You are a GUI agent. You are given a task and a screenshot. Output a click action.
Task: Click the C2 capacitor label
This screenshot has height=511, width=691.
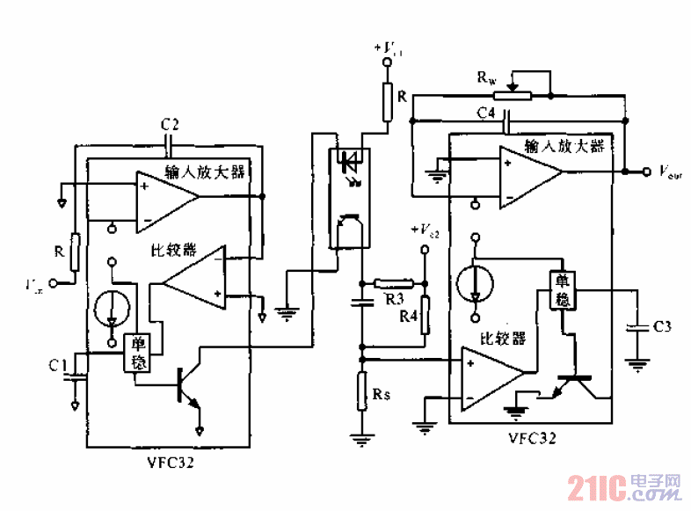point(171,124)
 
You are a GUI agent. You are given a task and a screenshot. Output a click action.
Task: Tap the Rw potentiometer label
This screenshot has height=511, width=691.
point(485,78)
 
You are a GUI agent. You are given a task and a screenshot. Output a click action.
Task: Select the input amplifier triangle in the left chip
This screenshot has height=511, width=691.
point(166,199)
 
